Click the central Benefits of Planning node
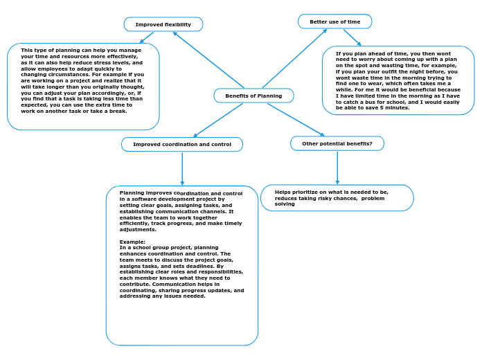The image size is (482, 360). click(x=253, y=96)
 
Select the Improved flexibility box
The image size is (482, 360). click(x=163, y=24)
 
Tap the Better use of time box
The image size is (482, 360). click(x=334, y=21)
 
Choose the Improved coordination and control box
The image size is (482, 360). click(x=182, y=144)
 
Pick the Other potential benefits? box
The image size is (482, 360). click(x=337, y=143)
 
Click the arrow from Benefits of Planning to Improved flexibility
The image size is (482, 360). click(x=208, y=60)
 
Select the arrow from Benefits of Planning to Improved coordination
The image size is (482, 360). click(x=218, y=120)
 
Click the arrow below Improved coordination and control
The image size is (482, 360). click(x=182, y=168)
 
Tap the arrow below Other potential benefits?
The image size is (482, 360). click(x=337, y=167)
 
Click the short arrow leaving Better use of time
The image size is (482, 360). click(x=352, y=37)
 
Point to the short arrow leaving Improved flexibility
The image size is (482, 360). click(x=146, y=37)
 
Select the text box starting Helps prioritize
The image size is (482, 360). click(x=337, y=197)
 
